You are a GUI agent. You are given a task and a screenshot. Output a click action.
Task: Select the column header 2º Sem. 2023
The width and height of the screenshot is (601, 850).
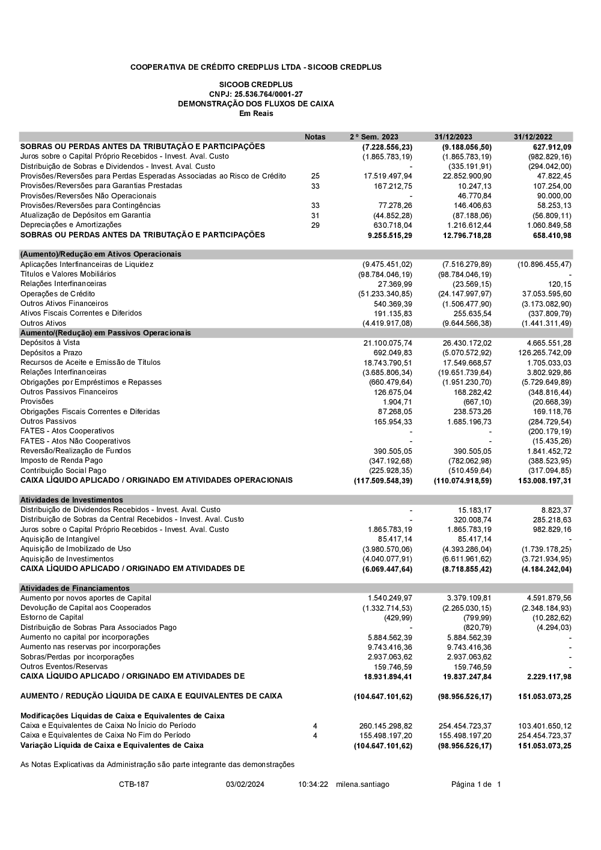tap(374, 137)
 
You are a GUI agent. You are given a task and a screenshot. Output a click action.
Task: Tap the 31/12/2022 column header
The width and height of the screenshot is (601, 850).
tap(532, 137)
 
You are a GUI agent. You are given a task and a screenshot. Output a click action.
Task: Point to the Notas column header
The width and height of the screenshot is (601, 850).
tap(315, 137)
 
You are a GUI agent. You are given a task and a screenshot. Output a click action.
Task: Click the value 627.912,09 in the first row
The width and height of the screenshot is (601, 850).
tap(552, 147)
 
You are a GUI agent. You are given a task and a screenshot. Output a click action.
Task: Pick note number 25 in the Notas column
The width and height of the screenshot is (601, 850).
tap(316, 176)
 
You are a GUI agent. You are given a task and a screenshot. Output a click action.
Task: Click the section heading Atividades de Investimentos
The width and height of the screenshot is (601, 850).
tap(72, 500)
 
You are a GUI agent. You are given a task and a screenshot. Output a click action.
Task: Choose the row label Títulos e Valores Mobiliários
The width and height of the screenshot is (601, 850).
tap(69, 274)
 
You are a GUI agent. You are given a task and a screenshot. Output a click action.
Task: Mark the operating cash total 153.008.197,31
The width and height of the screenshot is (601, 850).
tap(545, 480)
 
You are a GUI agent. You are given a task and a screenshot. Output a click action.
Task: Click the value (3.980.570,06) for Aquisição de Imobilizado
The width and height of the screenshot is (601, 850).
tap(387, 549)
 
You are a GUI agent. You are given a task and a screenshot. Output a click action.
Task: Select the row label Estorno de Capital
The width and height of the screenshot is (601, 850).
tap(52, 617)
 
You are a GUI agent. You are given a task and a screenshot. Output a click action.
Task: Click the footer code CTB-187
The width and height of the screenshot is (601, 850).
tap(134, 784)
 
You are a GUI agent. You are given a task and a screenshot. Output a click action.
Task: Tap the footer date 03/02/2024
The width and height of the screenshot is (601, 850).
tap(245, 784)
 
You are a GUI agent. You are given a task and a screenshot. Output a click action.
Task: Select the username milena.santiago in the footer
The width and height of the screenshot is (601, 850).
tap(362, 784)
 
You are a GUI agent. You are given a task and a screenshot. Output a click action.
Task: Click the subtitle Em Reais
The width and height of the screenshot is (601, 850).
tap(256, 114)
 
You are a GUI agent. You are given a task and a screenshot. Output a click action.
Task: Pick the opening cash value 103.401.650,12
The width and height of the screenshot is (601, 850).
tap(545, 726)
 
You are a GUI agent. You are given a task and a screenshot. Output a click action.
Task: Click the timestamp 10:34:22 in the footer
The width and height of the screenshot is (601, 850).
tap(313, 784)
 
